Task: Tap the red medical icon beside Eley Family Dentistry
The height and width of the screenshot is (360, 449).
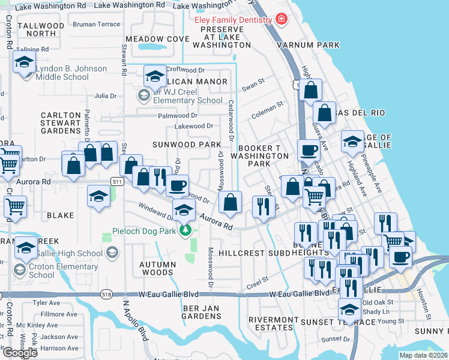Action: (280, 19)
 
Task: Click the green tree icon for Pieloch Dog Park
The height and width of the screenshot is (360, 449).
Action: (186, 231)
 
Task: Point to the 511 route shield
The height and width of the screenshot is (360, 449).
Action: (117, 181)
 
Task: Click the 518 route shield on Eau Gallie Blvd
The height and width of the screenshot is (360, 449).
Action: (107, 295)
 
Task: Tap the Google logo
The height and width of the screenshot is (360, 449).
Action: (20, 353)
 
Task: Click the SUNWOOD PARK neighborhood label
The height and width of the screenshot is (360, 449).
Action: (187, 145)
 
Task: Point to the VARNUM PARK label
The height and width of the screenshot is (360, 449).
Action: (308, 45)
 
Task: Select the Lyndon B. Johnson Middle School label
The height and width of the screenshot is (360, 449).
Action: (71, 73)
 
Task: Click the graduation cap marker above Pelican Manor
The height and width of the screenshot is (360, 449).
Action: (155, 76)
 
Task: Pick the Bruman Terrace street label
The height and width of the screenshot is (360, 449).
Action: (96, 25)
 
